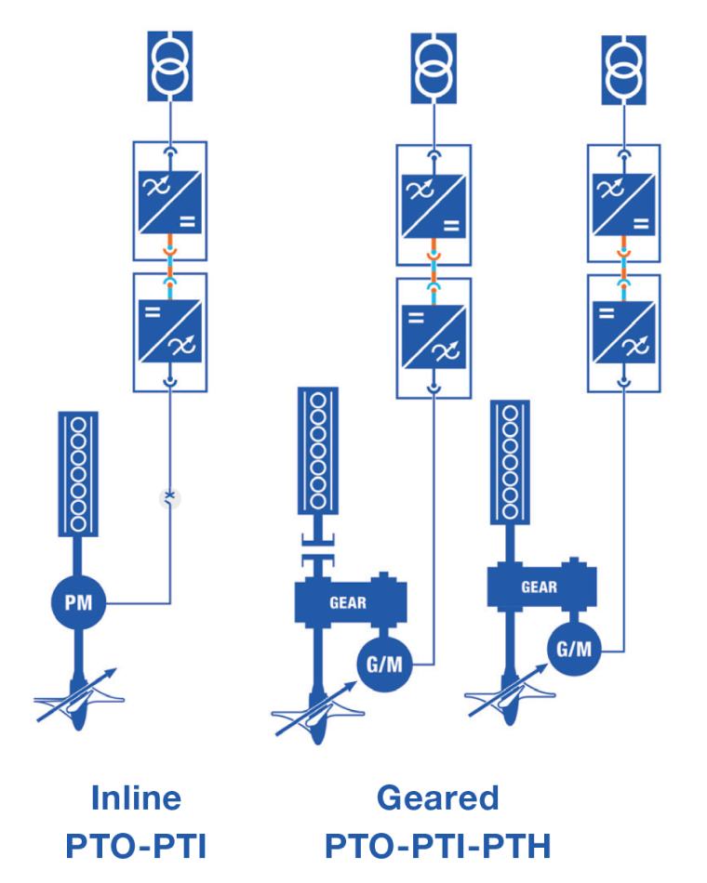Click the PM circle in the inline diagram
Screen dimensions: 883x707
pyautogui.click(x=78, y=602)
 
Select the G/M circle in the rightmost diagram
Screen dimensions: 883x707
pyautogui.click(x=574, y=648)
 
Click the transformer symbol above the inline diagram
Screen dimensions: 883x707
pyautogui.click(x=169, y=67)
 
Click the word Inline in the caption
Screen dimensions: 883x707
pyautogui.click(x=136, y=797)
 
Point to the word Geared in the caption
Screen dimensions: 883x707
pyautogui.click(x=438, y=797)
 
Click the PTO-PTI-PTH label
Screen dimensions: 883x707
pyautogui.click(x=438, y=846)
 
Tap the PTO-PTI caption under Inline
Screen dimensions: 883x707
pyautogui.click(x=136, y=846)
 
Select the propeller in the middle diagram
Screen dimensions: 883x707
pyautogui.click(x=316, y=716)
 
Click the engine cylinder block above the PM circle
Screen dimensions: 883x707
pyautogui.click(x=78, y=473)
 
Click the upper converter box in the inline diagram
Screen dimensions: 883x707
pyautogui.click(x=170, y=201)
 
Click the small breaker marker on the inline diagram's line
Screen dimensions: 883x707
pyautogui.click(x=169, y=497)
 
